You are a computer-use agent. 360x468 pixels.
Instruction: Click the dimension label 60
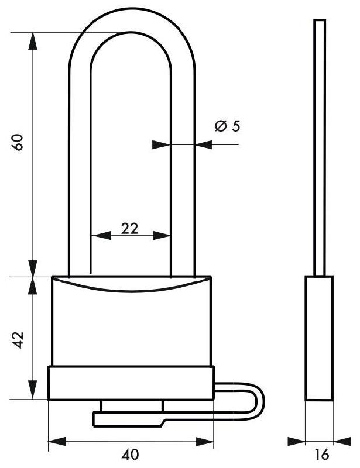pyautogui.click(x=18, y=142)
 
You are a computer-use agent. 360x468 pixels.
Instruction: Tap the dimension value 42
pyautogui.click(x=18, y=340)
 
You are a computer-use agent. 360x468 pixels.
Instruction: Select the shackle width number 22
pyautogui.click(x=130, y=229)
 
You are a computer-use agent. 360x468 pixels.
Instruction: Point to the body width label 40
pyautogui.click(x=131, y=455)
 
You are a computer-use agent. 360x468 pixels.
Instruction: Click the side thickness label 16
pyautogui.click(x=321, y=455)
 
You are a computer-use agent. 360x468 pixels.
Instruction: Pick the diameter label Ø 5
pyautogui.click(x=228, y=126)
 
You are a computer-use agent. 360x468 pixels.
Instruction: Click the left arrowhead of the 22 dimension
pyautogui.click(x=101, y=236)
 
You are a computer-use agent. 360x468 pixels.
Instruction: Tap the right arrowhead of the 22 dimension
pyautogui.click(x=162, y=236)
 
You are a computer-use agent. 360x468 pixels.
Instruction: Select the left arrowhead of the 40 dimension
pyautogui.click(x=57, y=441)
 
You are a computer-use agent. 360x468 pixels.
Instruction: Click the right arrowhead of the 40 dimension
pyautogui.click(x=205, y=441)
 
